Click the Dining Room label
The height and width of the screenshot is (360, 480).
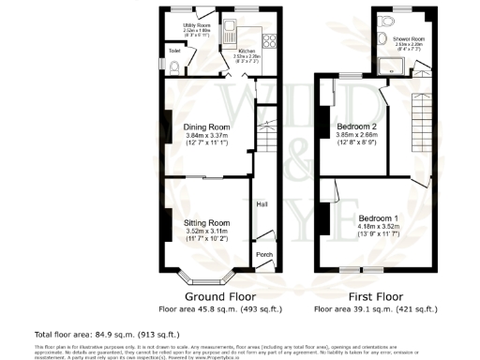pos(206,127)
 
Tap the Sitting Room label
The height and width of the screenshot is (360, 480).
pos(206,222)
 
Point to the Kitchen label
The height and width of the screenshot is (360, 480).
pos(247,52)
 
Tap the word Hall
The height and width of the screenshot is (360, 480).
pos(265,203)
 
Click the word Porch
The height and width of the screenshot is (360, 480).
pos(264,254)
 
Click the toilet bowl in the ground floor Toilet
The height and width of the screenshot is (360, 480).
pos(173,67)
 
